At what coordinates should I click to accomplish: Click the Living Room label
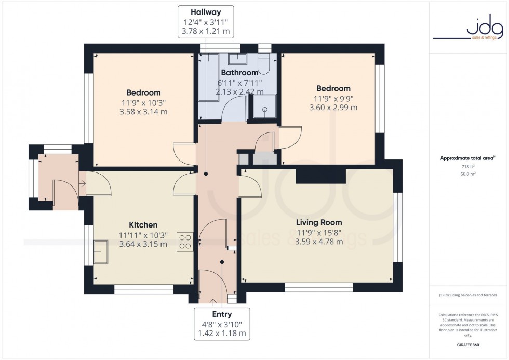pyautogui.click(x=319, y=222)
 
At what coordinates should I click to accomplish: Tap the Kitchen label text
pyautogui.click(x=143, y=225)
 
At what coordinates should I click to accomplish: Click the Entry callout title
pyautogui.click(x=222, y=314)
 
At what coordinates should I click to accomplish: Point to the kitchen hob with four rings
pyautogui.click(x=185, y=241)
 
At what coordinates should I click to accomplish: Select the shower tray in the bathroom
pyautogui.click(x=263, y=108)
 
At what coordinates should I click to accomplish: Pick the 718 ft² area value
pyautogui.click(x=468, y=167)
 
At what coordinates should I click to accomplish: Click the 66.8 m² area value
pyautogui.click(x=468, y=175)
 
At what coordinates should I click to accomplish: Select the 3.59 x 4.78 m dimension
pyautogui.click(x=319, y=242)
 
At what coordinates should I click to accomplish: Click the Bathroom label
pyautogui.click(x=239, y=73)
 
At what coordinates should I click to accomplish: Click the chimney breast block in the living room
pyautogui.click(x=321, y=177)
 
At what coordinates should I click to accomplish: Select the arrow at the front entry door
pyautogui.click(x=212, y=301)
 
